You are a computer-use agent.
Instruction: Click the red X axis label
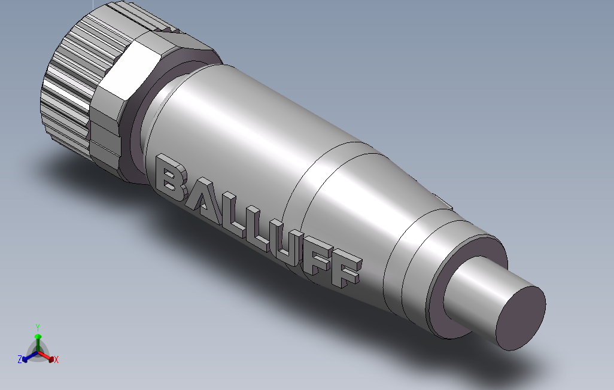[56, 359]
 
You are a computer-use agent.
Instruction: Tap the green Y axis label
[37, 327]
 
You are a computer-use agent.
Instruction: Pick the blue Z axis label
[20, 359]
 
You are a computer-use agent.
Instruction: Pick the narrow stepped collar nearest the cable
[419, 263]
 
